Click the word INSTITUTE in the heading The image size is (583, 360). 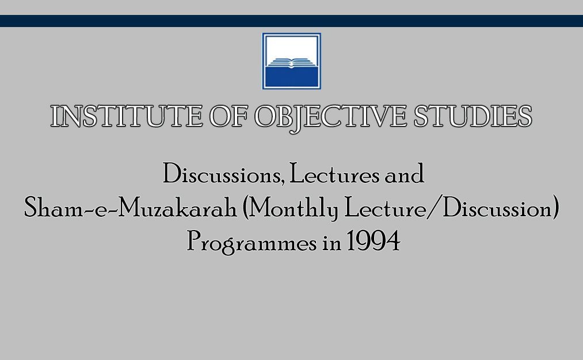pos(127,116)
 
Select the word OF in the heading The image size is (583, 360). pos(228,116)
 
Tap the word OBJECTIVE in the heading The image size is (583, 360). pos(331,118)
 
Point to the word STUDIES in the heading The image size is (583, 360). pos(473,116)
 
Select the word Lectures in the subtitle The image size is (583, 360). pos(334,174)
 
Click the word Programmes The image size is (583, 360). pos(252,242)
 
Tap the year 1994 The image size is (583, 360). pos(374,241)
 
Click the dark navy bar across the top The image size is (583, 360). pos(291,21)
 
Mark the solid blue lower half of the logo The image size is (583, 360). pos(291,77)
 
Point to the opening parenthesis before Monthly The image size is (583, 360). pos(245,208)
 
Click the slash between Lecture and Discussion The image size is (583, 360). pos(435,208)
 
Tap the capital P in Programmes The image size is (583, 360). pos(194,241)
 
